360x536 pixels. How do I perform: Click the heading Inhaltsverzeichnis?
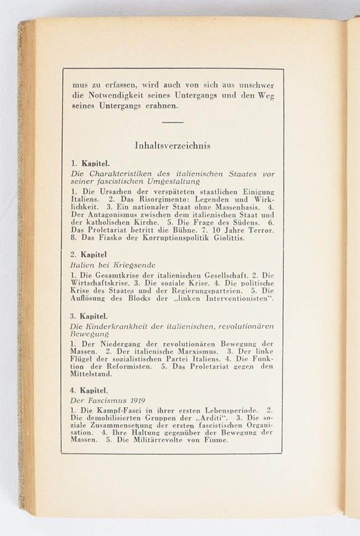[x=172, y=145]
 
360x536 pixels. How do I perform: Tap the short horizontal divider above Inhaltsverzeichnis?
[x=172, y=122]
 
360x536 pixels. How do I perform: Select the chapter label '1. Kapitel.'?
[x=90, y=162]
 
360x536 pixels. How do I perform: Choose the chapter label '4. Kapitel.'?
[x=90, y=390]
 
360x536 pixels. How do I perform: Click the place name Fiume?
[x=215, y=440]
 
